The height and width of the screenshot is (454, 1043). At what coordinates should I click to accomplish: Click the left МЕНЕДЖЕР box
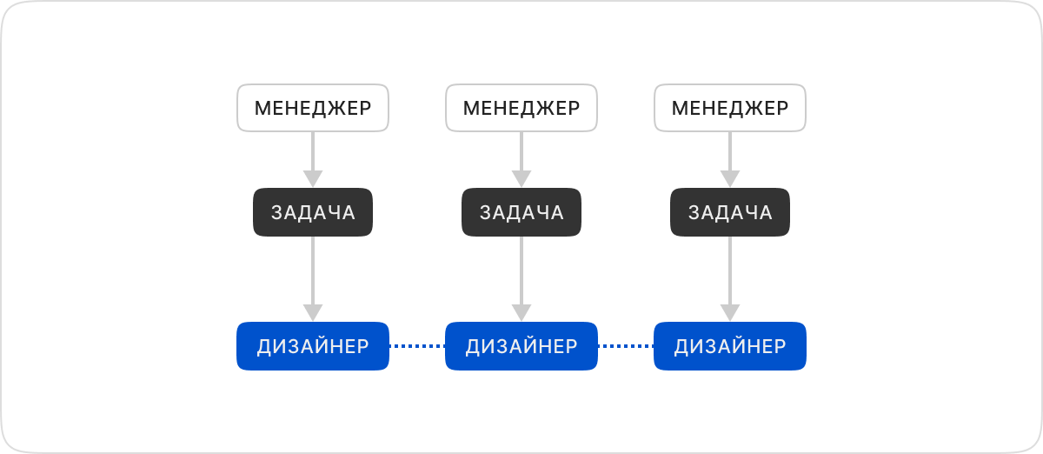point(313,108)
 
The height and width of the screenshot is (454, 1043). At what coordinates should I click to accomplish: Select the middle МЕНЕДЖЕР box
point(521,108)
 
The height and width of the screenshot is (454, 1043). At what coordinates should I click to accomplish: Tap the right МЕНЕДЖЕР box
point(730,108)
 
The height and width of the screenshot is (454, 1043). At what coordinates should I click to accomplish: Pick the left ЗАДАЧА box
point(313,212)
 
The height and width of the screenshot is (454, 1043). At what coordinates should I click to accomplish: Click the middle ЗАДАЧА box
point(521,212)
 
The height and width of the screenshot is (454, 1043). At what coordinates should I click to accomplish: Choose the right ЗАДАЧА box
point(730,212)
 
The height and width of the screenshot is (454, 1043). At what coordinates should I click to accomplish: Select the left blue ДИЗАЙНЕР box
point(313,346)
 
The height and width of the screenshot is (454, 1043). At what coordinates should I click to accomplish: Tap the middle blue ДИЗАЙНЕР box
point(521,346)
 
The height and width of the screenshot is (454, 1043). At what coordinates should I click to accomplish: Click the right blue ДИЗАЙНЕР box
point(730,346)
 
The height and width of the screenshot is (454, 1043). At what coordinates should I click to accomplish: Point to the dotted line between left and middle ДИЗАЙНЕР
point(417,346)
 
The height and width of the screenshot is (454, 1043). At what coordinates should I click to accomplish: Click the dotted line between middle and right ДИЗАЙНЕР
point(626,346)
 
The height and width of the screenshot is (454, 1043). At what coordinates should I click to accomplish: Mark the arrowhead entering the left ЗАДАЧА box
point(313,179)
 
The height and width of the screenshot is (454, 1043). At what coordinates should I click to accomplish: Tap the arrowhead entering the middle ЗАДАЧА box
point(521,179)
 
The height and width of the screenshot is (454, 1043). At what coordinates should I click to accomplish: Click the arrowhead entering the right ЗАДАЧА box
point(730,179)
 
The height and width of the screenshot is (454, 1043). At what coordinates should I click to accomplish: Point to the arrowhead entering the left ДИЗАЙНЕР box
point(313,313)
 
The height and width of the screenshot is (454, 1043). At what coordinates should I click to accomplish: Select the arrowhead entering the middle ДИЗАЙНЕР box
point(521,313)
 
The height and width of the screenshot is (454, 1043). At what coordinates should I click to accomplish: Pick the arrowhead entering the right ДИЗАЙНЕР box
point(730,313)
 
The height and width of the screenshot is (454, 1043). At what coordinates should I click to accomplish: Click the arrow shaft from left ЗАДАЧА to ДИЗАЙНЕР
point(313,270)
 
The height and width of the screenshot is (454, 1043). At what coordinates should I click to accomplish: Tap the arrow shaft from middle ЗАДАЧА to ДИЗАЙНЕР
point(521,270)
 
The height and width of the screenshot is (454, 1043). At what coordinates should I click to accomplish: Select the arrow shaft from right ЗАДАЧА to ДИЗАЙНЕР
point(730,270)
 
